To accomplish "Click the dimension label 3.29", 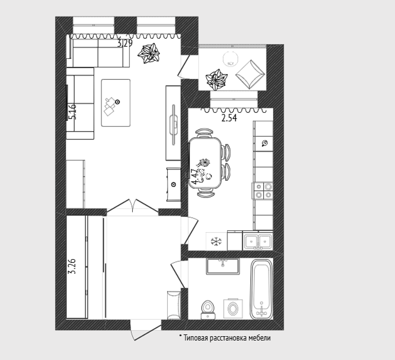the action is tap(125, 44).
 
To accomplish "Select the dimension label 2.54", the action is tap(229, 118).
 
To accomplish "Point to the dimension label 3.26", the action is tap(72, 266).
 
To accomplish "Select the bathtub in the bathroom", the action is tap(262, 289).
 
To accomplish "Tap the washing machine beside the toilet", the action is tap(233, 309).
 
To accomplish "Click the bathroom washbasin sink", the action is tap(222, 266).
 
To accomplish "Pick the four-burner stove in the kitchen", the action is tap(263, 191).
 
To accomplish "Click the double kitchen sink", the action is tap(258, 241).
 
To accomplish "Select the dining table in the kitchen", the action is tap(205, 163).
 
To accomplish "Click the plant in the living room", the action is tap(149, 53).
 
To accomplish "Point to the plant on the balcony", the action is tap(217, 79).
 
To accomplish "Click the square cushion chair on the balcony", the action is tap(250, 74).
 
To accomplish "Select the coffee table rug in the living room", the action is tap(116, 103).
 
